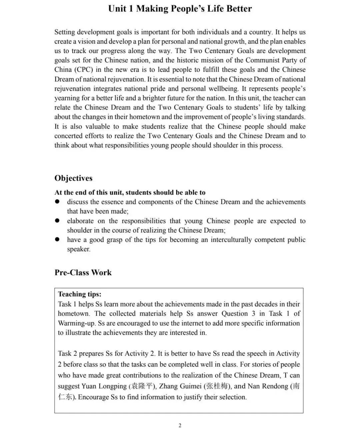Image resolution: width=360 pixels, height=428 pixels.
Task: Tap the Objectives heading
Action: [73, 178]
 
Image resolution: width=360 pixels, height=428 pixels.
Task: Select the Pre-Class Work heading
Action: [83, 273]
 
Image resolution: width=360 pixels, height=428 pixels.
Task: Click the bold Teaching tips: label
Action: [80, 294]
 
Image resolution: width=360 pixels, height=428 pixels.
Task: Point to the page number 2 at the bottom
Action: [180, 425]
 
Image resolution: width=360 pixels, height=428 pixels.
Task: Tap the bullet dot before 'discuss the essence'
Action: [57, 201]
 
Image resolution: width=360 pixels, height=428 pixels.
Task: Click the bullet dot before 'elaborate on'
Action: [57, 221]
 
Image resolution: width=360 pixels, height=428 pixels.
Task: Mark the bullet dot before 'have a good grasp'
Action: [57, 239]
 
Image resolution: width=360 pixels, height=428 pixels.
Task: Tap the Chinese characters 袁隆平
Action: [142, 386]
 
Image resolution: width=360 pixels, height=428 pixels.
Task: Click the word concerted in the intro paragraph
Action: [68, 136]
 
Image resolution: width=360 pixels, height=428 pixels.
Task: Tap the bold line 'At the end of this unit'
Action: [130, 192]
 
